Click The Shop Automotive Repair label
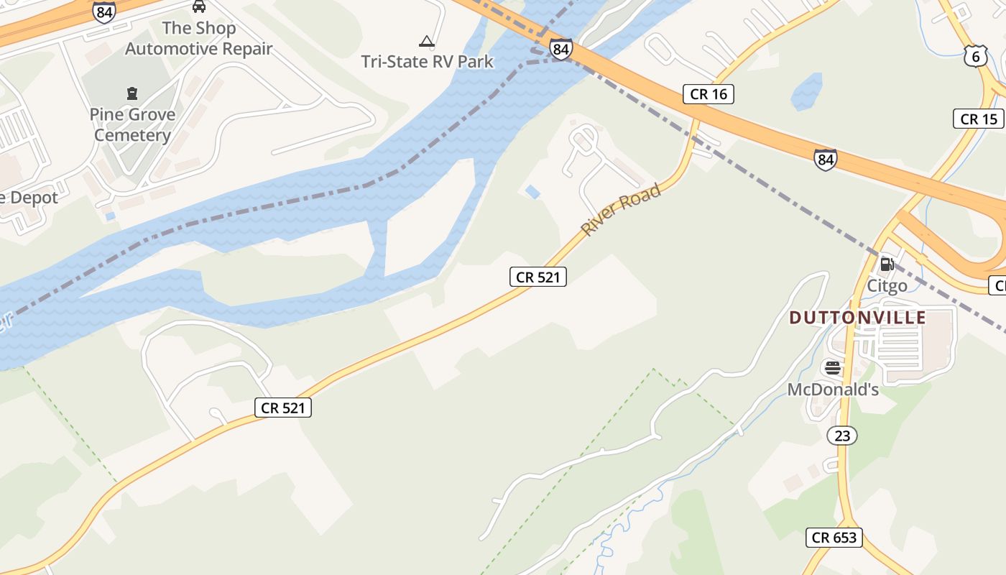(x=198, y=39)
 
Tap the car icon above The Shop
(x=199, y=6)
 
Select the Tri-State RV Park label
(x=428, y=61)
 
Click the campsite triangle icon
(x=427, y=42)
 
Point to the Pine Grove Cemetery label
(x=132, y=125)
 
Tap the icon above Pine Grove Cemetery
(x=132, y=93)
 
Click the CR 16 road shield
(x=708, y=94)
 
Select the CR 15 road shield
(x=979, y=119)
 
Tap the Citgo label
(x=887, y=286)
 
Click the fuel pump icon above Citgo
(x=887, y=264)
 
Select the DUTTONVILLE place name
(x=857, y=318)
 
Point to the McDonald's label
(x=833, y=390)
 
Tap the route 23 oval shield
(x=842, y=436)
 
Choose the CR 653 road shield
(x=834, y=537)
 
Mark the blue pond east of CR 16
(x=806, y=92)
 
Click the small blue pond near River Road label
(x=532, y=191)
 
